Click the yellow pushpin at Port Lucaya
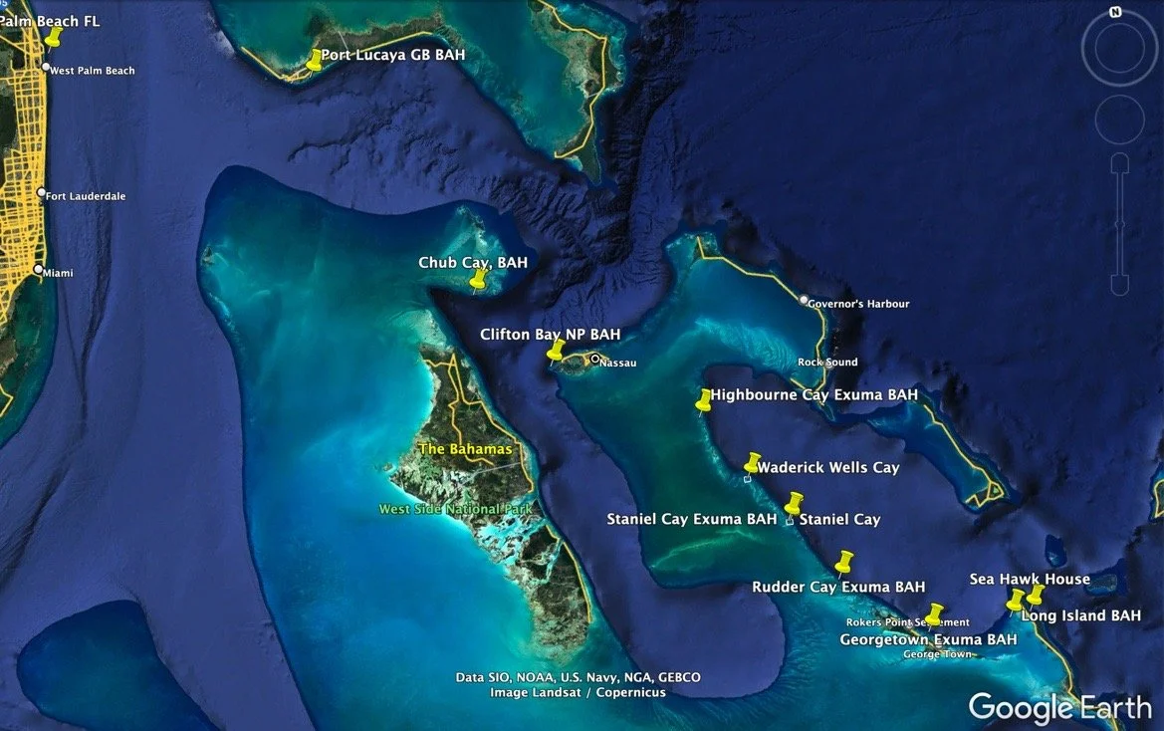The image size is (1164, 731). point(315,59)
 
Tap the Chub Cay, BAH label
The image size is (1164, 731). point(473,263)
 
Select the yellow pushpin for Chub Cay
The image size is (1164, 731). point(479,279)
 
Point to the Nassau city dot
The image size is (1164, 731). point(594,360)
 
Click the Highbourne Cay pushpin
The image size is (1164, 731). point(704,399)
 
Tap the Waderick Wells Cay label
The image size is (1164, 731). point(827,467)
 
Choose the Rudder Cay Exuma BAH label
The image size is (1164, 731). point(838,587)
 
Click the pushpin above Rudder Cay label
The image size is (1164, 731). point(845,562)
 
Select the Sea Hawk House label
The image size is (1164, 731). point(1030,579)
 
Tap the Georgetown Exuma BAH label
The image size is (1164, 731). point(928,639)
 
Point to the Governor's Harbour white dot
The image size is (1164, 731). point(805,300)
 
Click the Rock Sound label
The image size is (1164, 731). point(827,363)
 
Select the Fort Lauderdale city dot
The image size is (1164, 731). point(41,193)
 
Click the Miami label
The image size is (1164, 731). point(58,272)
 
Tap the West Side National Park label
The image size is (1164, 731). point(455,510)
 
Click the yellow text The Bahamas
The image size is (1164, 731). point(465,449)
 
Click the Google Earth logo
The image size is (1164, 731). point(1059,707)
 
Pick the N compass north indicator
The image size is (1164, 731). point(1115,12)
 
